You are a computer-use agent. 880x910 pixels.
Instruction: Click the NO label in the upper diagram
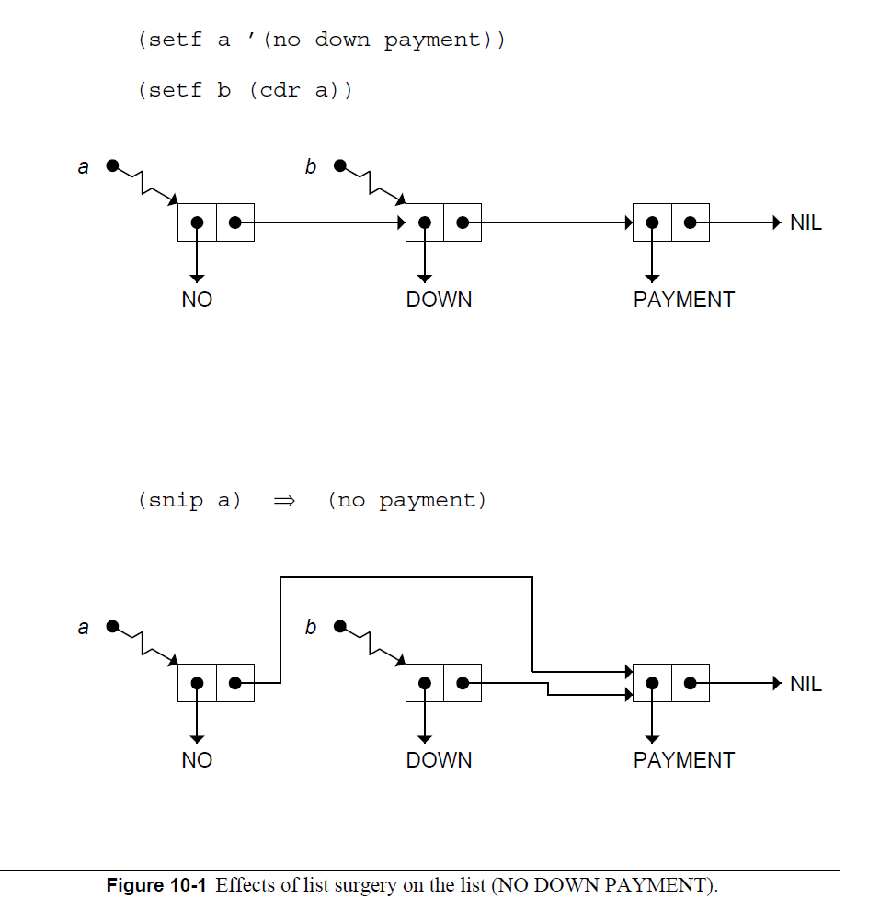coord(197,300)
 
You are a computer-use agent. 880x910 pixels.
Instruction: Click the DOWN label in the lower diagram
coord(439,760)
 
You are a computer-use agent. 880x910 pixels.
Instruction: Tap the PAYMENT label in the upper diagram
coord(683,300)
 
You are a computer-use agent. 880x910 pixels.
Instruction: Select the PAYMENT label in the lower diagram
coord(683,760)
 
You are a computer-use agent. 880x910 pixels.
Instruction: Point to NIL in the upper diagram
coord(806,222)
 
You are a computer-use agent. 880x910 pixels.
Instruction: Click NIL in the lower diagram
coord(806,684)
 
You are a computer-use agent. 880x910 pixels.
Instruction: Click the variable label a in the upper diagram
coord(84,167)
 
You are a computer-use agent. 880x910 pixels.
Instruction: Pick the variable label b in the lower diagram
coord(311,628)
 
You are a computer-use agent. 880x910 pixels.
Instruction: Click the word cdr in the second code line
coord(280,91)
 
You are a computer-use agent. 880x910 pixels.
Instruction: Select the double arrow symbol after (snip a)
coord(283,501)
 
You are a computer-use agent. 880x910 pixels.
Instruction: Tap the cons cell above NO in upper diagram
coord(215,222)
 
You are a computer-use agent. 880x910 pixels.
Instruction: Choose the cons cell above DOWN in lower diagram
coord(443,684)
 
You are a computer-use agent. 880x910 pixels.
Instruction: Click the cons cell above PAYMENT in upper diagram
coord(670,222)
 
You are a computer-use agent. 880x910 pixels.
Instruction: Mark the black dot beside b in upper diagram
coord(339,166)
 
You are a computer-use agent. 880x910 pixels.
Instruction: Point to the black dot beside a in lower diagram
coord(112,627)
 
